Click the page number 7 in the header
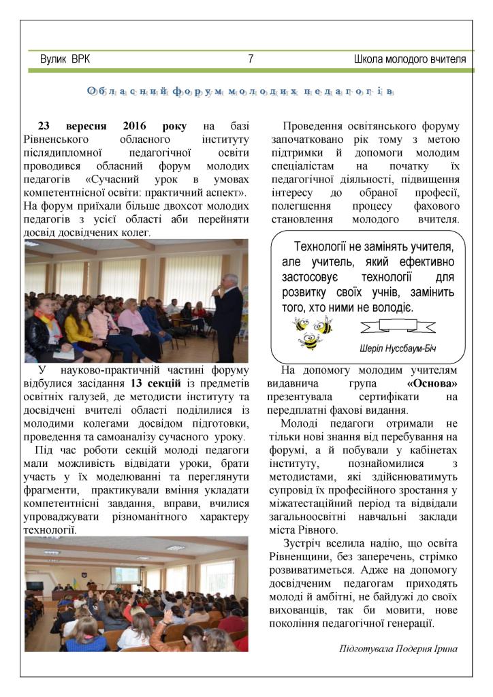(251, 60)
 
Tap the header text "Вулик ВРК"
(65, 60)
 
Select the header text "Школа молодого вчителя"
(410, 60)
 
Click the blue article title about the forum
(241, 91)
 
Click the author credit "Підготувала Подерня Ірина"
(398, 649)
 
